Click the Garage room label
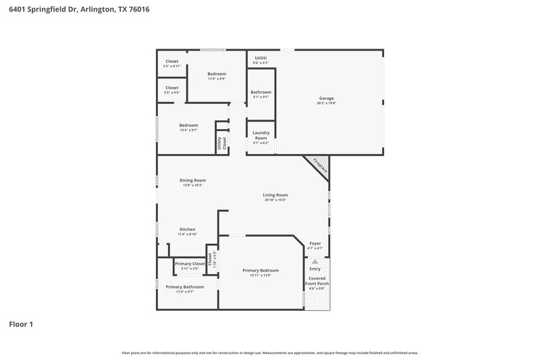point(326,99)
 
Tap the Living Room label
point(275,195)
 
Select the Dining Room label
point(192,180)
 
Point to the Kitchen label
point(187,230)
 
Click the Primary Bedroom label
point(260,270)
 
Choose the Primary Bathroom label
point(185,287)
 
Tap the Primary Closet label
point(190,263)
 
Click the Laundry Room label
point(261,135)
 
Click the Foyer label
point(315,243)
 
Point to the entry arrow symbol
point(315,261)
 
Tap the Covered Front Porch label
point(318,281)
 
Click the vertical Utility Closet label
point(220,143)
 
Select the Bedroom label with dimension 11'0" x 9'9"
point(217,74)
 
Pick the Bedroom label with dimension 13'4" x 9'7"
point(188,125)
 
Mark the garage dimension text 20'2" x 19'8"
point(327,103)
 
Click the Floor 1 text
point(21,324)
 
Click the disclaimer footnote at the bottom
point(270,353)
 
